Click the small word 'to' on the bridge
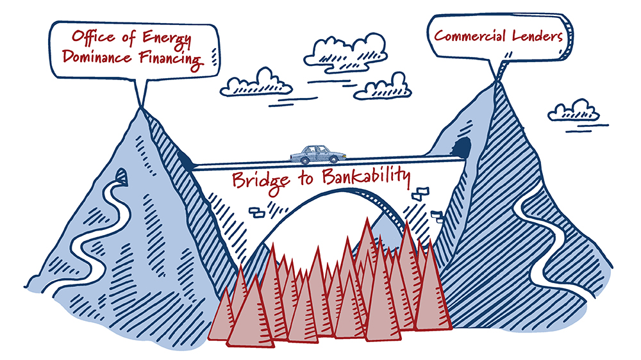click(x=301, y=179)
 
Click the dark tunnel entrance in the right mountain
click(x=463, y=147)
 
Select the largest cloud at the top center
click(x=345, y=49)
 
